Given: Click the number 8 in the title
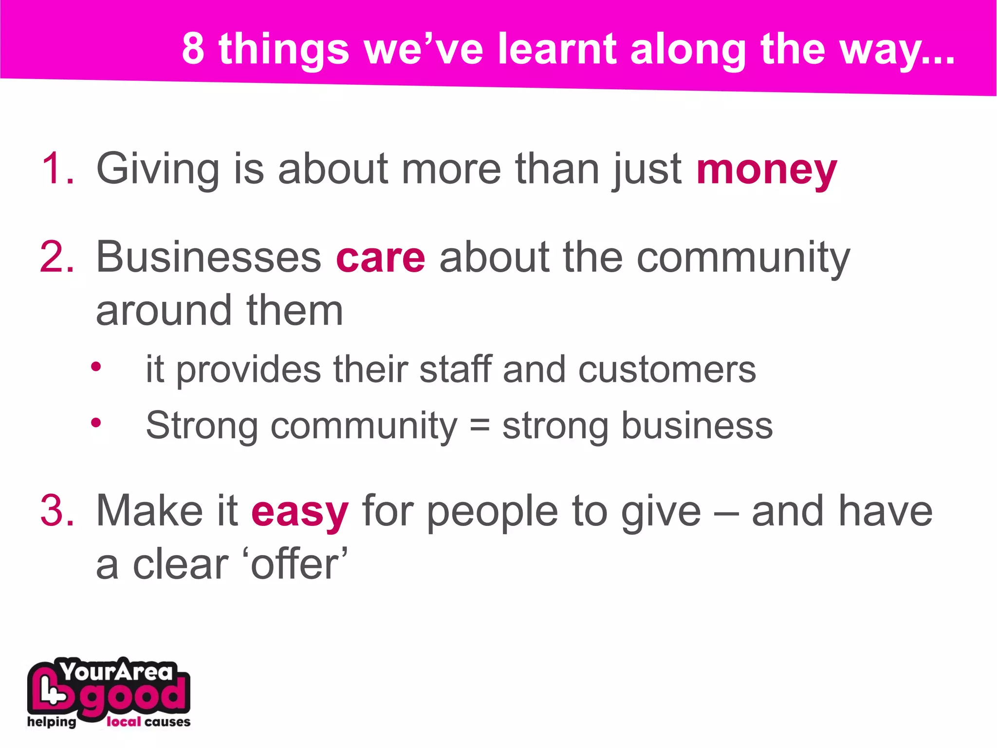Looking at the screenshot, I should [x=193, y=49].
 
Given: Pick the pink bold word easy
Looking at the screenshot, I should [x=300, y=512].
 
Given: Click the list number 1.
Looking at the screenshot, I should [x=58, y=168].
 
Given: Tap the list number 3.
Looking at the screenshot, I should [x=57, y=511].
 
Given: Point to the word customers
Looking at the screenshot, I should [x=667, y=370].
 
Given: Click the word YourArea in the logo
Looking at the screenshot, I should [x=117, y=672].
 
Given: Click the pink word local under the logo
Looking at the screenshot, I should [x=124, y=722].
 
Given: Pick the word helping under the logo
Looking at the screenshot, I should [x=52, y=722].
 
